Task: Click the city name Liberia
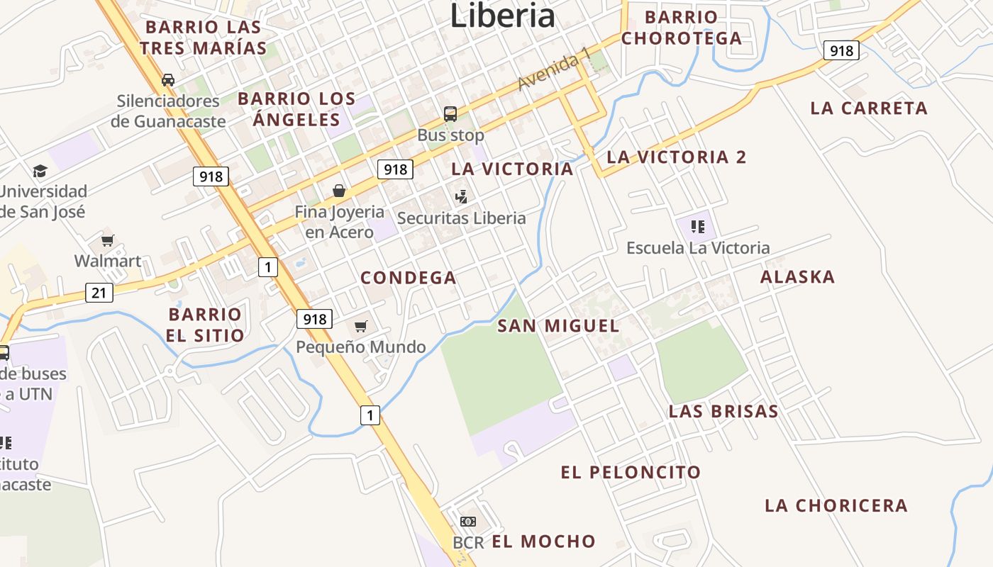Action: [502, 16]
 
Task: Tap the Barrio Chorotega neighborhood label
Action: [682, 28]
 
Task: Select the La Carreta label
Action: [869, 108]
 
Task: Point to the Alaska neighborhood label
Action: [797, 277]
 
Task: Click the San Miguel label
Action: [558, 326]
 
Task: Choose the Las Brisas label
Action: [723, 411]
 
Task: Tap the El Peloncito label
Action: [631, 472]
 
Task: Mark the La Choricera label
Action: [836, 505]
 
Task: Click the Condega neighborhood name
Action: [409, 278]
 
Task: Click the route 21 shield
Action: [99, 292]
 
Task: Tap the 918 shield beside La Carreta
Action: [841, 50]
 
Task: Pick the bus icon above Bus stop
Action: [450, 113]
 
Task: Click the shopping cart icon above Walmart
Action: [107, 241]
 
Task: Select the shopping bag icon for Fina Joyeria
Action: [339, 191]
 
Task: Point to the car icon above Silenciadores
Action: [168, 79]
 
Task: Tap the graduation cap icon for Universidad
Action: [40, 171]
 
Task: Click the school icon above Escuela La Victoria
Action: [698, 227]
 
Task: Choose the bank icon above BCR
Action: [468, 522]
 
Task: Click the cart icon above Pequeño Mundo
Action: [361, 326]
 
